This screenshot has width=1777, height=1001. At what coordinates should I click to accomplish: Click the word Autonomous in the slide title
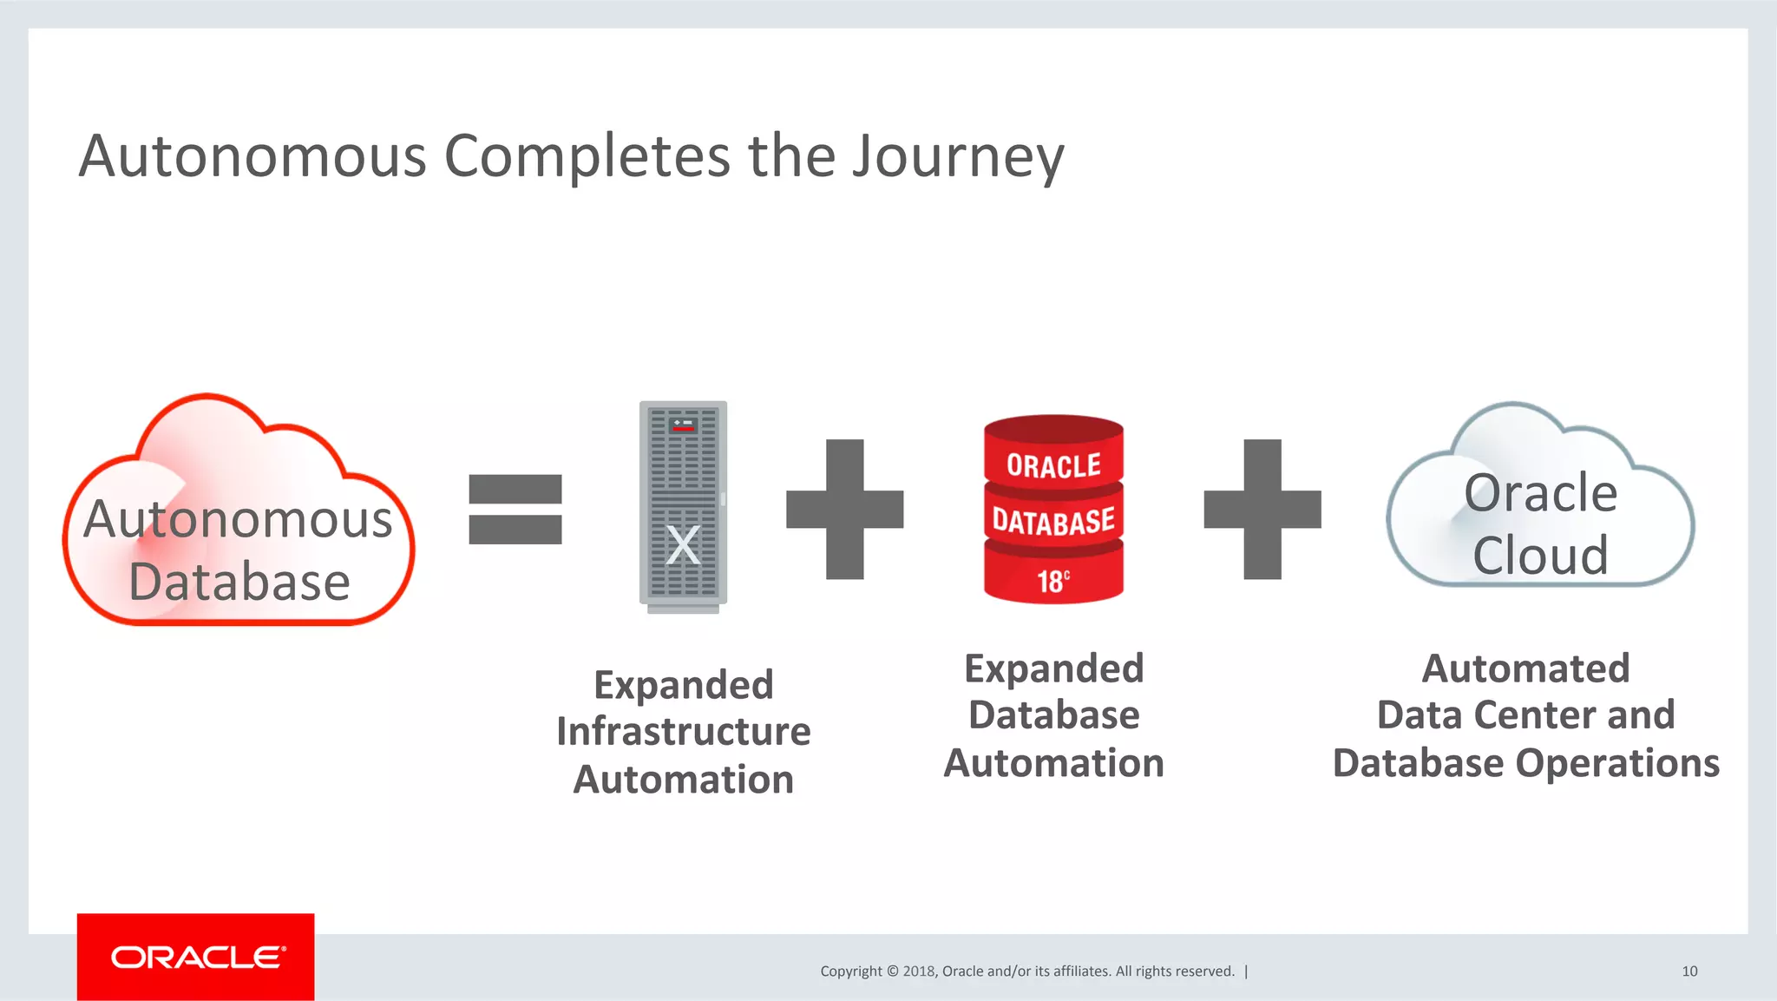coord(252,156)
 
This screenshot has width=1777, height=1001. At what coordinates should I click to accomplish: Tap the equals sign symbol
coord(515,509)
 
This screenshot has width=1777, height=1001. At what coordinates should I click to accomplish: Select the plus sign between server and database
coord(844,509)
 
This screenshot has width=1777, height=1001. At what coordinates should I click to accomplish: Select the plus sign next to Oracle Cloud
coord(1262,509)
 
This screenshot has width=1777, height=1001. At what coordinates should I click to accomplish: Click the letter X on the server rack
coord(683,545)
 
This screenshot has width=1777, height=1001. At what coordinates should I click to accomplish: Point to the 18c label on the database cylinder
coord(1053,581)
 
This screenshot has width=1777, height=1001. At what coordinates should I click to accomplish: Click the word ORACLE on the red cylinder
coord(1053,466)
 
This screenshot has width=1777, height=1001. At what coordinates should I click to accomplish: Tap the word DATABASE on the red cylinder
coord(1053,522)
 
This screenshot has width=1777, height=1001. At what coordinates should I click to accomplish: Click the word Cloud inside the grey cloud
coord(1540,555)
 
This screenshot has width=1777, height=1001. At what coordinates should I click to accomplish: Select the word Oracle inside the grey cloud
coord(1540,493)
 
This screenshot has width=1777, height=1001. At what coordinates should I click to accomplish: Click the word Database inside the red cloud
coord(239,582)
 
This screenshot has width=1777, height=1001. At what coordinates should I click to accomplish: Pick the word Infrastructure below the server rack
coord(683,731)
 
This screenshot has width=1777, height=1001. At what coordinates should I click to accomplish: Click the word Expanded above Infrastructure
coord(683,684)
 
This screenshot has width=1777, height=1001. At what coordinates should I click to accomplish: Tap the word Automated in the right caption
coord(1525,668)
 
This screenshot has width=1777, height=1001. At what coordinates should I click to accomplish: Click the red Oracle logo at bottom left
coord(196,957)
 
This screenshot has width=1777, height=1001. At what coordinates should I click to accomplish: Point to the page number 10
coord(1688,971)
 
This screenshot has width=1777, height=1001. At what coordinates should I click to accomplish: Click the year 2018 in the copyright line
coord(918,971)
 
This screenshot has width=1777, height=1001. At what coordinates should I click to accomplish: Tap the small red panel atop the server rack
coord(684,425)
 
